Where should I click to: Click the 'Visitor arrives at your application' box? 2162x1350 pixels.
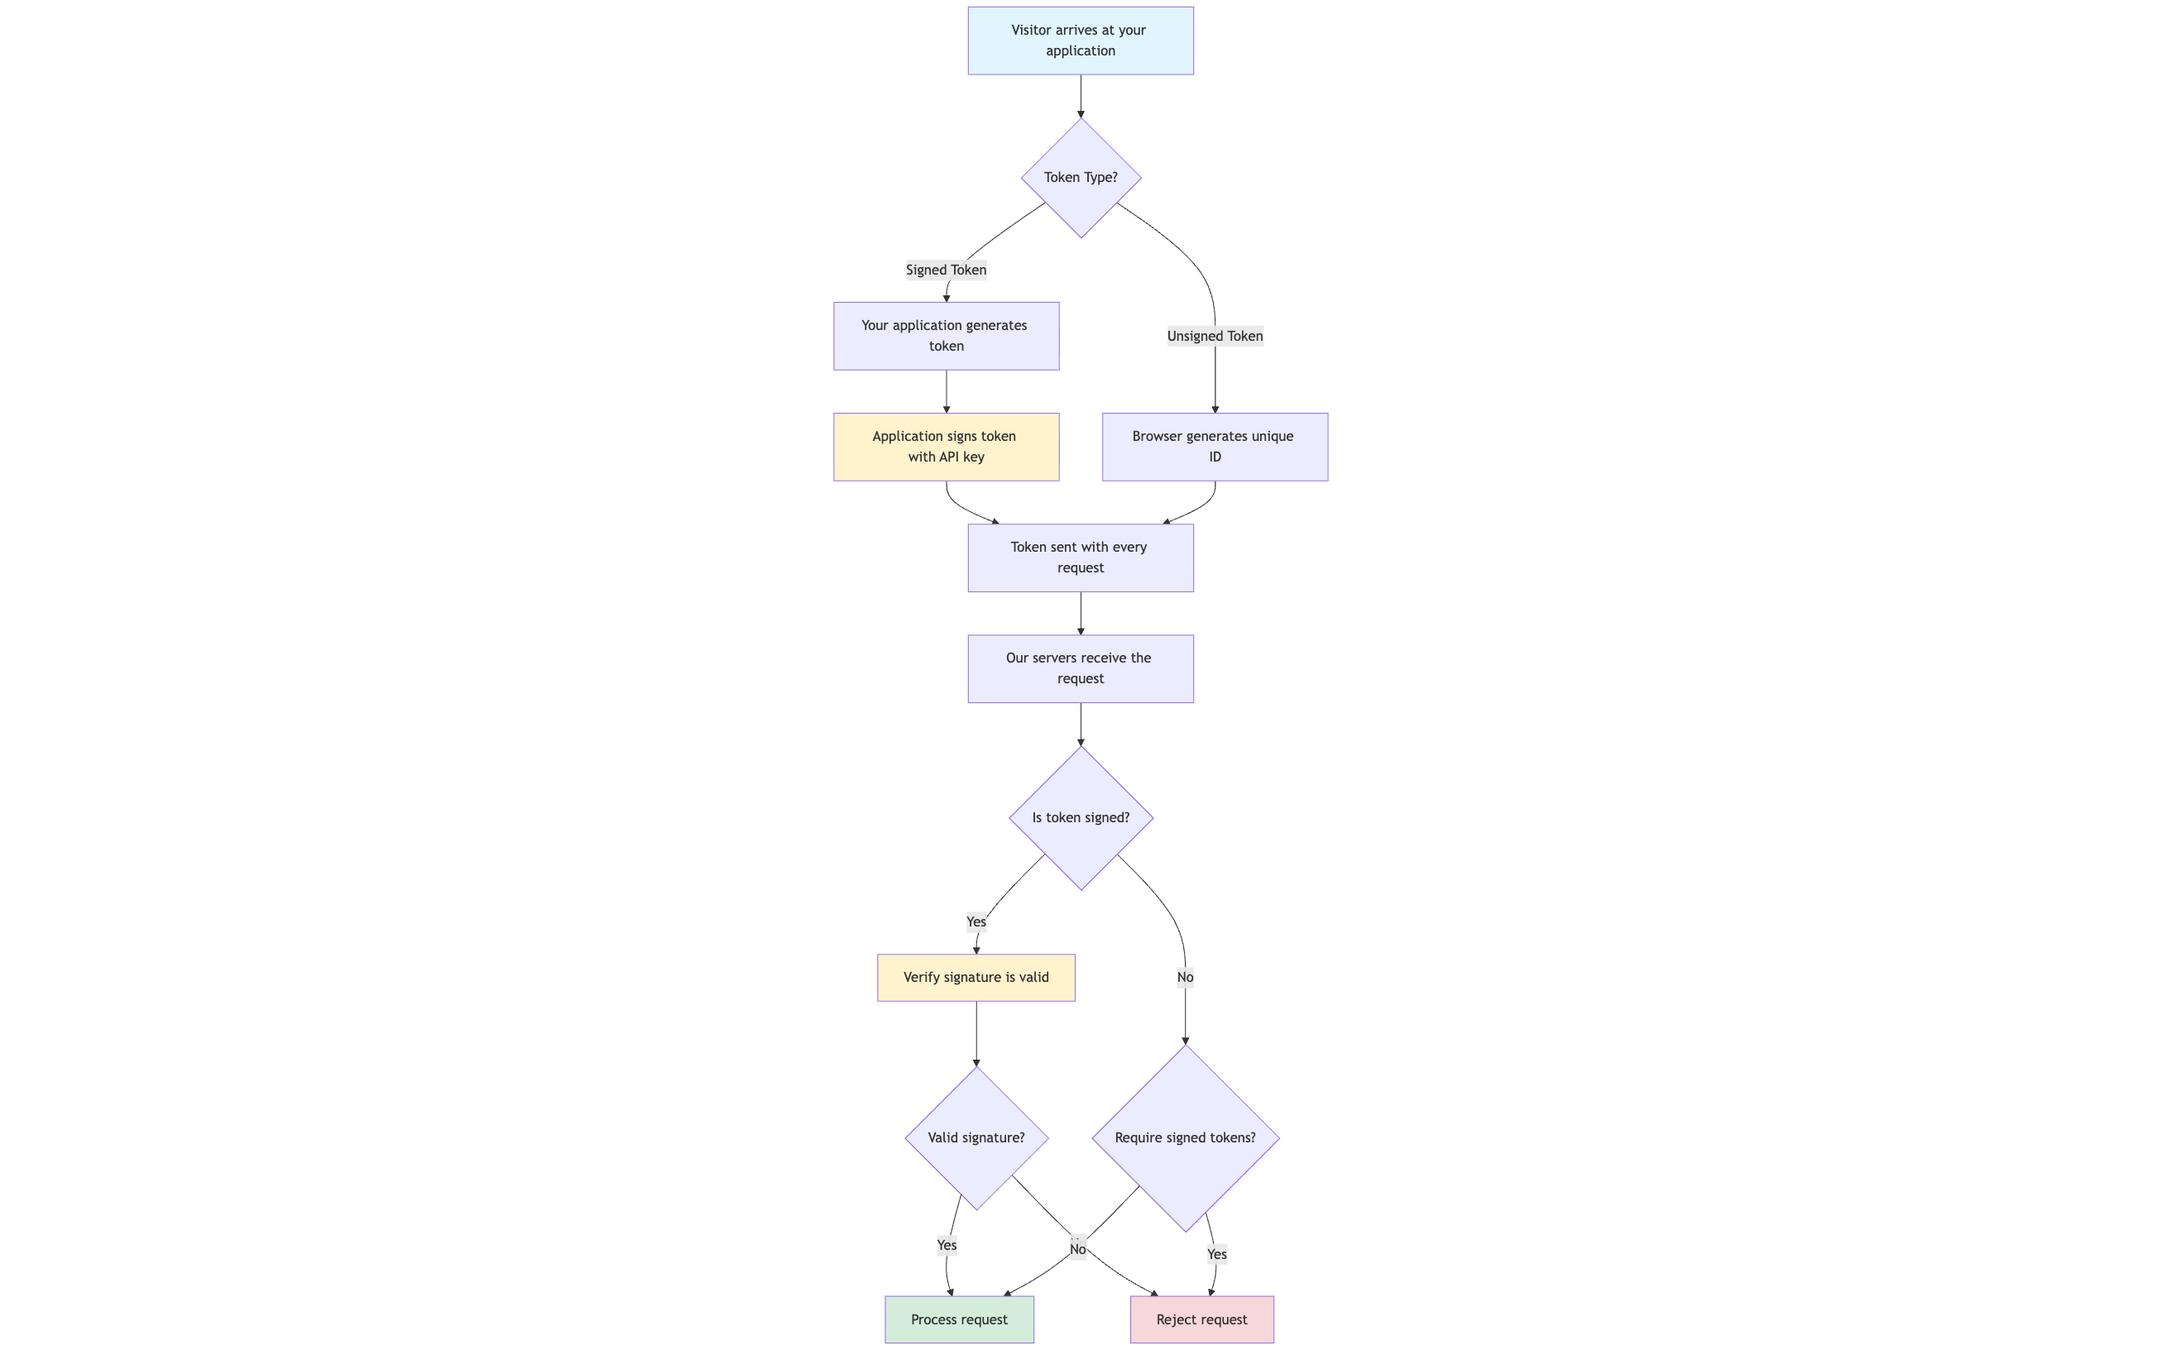(1081, 41)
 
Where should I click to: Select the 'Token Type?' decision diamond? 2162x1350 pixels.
(1081, 178)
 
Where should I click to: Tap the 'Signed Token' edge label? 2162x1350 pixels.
(946, 270)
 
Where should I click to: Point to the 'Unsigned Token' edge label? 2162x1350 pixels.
(1215, 336)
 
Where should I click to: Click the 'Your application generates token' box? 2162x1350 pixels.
(946, 336)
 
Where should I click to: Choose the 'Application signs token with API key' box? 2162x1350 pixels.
(946, 447)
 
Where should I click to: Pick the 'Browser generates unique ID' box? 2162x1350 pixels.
(1215, 447)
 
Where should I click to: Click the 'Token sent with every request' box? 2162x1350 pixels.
(1081, 558)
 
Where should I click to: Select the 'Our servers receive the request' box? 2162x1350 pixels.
(1081, 668)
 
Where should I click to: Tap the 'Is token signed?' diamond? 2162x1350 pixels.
(1081, 817)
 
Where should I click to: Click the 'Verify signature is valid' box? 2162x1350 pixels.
(976, 977)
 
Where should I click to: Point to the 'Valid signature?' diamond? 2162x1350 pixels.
(976, 1137)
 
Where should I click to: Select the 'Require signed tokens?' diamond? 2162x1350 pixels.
(1185, 1137)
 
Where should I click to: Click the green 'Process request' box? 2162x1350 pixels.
(959, 1319)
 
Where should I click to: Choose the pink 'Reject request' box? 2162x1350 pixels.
(1201, 1319)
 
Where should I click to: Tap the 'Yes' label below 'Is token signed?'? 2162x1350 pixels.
(976, 922)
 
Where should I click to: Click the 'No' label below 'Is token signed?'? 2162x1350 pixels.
(1185, 977)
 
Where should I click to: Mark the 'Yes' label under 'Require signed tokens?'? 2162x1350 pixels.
(1216, 1253)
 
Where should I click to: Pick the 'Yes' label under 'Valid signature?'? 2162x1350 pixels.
(947, 1245)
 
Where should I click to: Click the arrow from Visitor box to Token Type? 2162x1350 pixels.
(1081, 95)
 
